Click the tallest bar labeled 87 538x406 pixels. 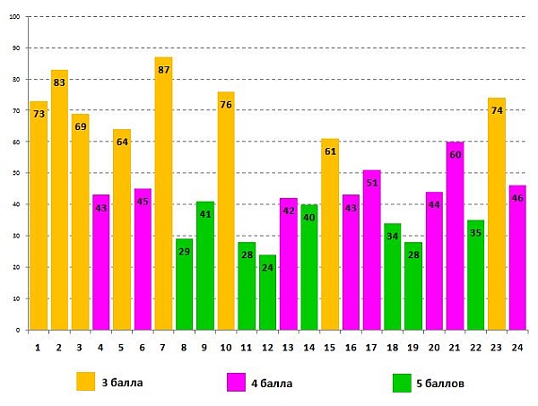point(163,197)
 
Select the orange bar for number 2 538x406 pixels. point(59,202)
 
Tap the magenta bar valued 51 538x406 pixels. point(371,251)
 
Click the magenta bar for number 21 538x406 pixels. point(455,238)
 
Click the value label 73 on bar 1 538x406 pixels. point(39,114)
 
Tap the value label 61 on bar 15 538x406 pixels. point(330,151)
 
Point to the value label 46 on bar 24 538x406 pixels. point(517,198)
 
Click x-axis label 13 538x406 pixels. point(288,346)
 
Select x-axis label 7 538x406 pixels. point(163,346)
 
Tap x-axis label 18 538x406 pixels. point(393,346)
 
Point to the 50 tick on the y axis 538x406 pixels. point(17,173)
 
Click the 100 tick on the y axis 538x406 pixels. point(15,16)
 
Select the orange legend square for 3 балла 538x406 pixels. point(85,382)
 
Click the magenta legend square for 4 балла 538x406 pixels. point(239,382)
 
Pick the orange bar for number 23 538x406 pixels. point(497,215)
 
